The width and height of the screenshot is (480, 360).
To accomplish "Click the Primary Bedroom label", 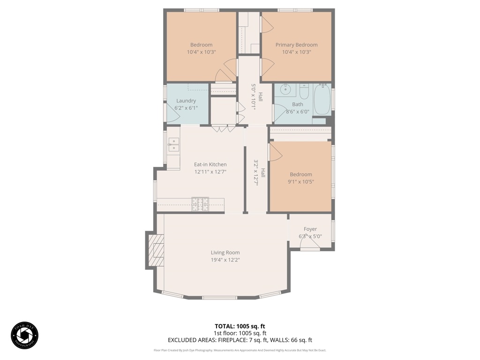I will coord(296,45).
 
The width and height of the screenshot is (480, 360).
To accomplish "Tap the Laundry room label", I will coord(186,101).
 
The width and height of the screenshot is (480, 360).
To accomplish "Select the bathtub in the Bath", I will coord(322,99).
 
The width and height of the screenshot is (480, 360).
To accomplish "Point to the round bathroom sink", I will coord(285,90).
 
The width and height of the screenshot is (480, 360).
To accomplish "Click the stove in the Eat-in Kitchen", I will coord(200,204).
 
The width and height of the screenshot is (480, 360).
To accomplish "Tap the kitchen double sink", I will coord(173,145).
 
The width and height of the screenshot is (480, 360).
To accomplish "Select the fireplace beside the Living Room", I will coord(157,250).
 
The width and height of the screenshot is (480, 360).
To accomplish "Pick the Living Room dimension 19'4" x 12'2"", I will coord(225,260).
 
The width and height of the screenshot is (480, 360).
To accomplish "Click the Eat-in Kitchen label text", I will coord(210,165).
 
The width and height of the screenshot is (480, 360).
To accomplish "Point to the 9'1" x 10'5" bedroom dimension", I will coord(300,182).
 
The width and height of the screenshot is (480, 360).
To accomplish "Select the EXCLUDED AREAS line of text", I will coord(240,340).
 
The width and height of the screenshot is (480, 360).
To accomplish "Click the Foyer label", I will coord(310,229).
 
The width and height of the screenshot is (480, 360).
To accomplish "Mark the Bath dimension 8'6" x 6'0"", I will coord(298,112).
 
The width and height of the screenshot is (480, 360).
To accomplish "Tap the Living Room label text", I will coord(225,253).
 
